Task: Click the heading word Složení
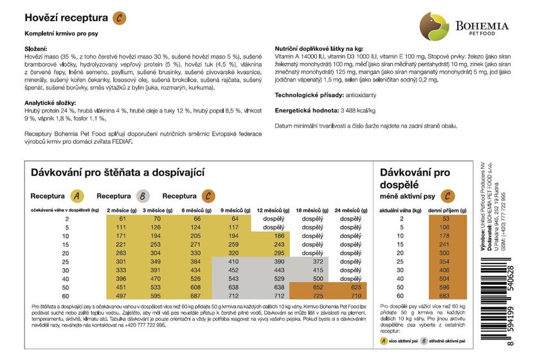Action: pos(38,50)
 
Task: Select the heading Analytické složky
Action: pos(51,103)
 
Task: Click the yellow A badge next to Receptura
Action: pos(76,196)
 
